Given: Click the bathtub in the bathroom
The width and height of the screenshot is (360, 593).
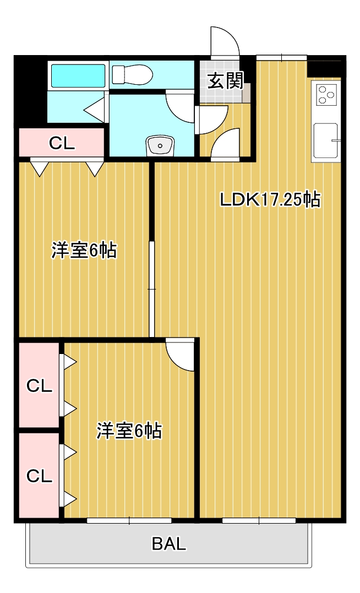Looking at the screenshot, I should (78, 76).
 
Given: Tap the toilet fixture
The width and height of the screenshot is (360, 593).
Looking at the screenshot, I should (132, 74).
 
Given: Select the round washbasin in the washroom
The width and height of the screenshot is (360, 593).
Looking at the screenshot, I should (160, 146).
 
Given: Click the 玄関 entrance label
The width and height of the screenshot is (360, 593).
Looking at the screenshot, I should (225, 81).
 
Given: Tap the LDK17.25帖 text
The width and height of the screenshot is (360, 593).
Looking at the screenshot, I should (270, 199).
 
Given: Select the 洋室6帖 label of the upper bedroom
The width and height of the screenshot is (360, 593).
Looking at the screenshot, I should (84, 251).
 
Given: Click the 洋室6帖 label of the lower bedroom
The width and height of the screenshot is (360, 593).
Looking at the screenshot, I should (129, 431).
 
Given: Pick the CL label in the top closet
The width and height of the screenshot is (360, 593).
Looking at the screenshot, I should (62, 143).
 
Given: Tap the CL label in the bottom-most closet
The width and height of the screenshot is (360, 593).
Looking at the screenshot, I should (40, 475).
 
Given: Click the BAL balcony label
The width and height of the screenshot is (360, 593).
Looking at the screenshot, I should (169, 544).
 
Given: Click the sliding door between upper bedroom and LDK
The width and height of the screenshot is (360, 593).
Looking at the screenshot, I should (152, 289).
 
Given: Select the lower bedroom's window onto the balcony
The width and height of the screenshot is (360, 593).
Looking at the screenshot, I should (129, 520).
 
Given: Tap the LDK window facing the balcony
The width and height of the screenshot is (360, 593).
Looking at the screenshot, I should (259, 520).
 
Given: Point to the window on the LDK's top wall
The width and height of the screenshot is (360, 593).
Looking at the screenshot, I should (281, 57).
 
